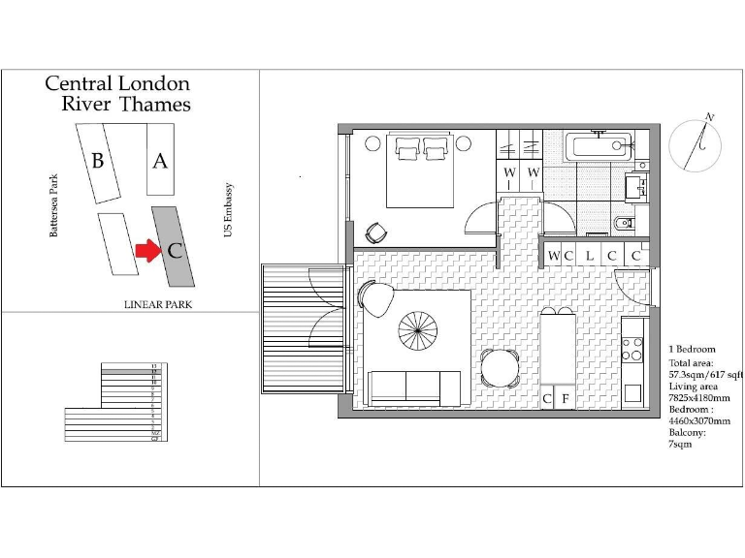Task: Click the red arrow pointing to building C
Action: click(x=146, y=252)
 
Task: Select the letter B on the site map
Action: click(x=98, y=162)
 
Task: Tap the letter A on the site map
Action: click(x=160, y=162)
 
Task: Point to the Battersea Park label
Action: click(x=54, y=205)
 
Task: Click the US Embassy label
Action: click(x=229, y=210)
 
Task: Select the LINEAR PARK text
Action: click(x=158, y=304)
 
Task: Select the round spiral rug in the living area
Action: click(x=420, y=332)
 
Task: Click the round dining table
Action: click(x=501, y=367)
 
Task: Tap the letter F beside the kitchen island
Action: click(x=567, y=398)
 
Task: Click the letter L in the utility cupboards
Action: click(x=589, y=256)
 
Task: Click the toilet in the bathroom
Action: click(x=626, y=224)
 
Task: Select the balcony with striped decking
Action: click(x=302, y=328)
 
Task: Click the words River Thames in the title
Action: click(x=126, y=105)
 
